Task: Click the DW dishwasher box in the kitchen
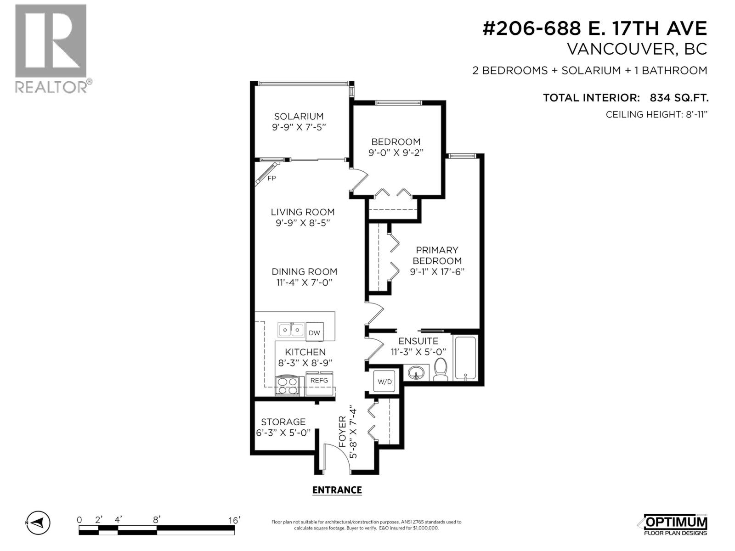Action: (x=314, y=333)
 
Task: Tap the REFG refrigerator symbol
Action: (x=319, y=381)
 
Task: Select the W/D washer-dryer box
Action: (x=384, y=381)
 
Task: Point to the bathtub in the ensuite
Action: (x=465, y=358)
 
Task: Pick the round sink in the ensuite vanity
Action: (x=417, y=372)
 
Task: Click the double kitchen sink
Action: (x=291, y=330)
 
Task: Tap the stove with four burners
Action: (x=287, y=386)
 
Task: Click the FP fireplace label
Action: (x=271, y=178)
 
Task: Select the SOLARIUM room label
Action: (x=299, y=117)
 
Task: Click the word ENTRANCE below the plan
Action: (x=337, y=490)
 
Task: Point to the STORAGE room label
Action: (x=283, y=422)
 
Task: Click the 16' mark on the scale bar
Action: (x=234, y=520)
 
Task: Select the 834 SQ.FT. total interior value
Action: (x=679, y=98)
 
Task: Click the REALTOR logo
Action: (x=51, y=48)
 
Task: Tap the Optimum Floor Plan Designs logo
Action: (x=673, y=525)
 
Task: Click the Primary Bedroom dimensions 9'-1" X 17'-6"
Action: (x=437, y=271)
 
